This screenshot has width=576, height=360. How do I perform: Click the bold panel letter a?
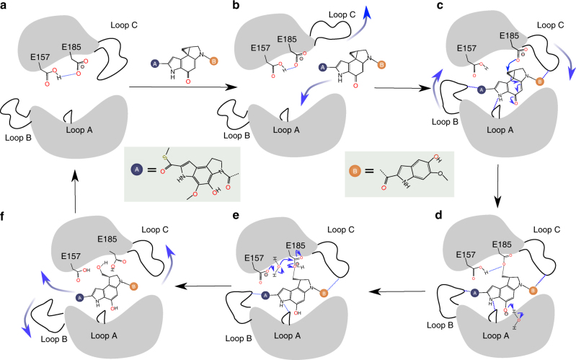point(6,6)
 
